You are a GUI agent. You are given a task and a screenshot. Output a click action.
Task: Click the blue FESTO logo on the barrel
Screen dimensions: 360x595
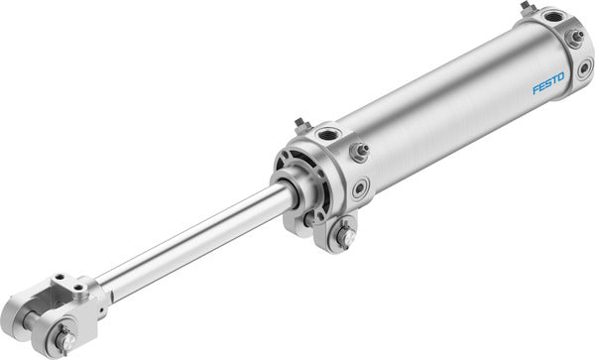pos(547,82)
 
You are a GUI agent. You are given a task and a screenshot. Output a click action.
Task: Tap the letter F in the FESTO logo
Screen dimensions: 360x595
pos(535,90)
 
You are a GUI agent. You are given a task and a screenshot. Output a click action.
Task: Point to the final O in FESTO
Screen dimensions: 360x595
pos(560,74)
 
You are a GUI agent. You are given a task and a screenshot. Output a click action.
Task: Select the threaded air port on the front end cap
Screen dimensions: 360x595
pos(327,134)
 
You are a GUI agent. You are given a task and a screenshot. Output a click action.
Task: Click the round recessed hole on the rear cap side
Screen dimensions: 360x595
pos(585,69)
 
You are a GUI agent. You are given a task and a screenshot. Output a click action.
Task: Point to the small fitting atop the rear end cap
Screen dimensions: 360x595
pos(526,9)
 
